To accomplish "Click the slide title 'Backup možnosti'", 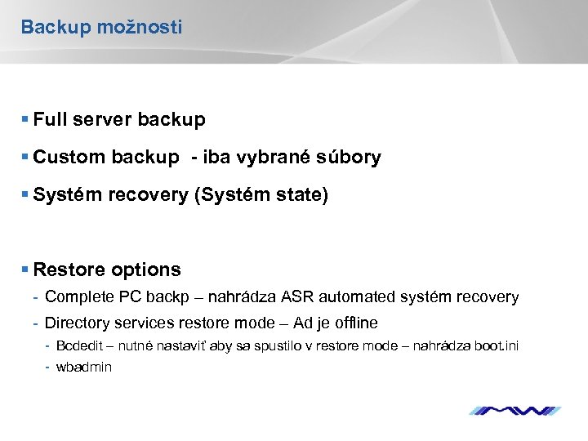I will click(x=101, y=27).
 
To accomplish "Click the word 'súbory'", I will click(x=351, y=158).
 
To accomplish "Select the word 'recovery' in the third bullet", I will click(x=151, y=196).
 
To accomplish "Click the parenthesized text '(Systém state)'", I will click(x=261, y=196).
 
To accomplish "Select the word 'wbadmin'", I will click(x=83, y=367).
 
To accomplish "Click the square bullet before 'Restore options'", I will click(x=26, y=269).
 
